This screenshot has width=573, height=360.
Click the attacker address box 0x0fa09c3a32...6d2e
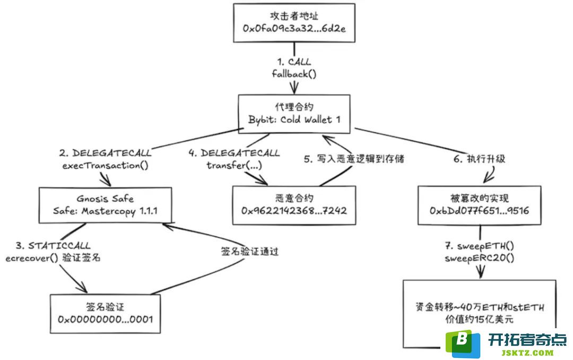[x=293, y=23]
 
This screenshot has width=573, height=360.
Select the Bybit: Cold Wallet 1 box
[x=293, y=112]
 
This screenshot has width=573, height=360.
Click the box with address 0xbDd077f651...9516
[x=479, y=205]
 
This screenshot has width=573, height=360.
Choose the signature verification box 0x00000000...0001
[x=105, y=313]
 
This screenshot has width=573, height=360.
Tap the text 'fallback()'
[x=294, y=74]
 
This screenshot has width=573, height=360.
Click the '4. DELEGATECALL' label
[x=234, y=153]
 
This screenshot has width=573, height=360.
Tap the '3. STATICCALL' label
[x=53, y=246]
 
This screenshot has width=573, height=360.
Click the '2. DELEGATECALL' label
[x=105, y=153]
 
